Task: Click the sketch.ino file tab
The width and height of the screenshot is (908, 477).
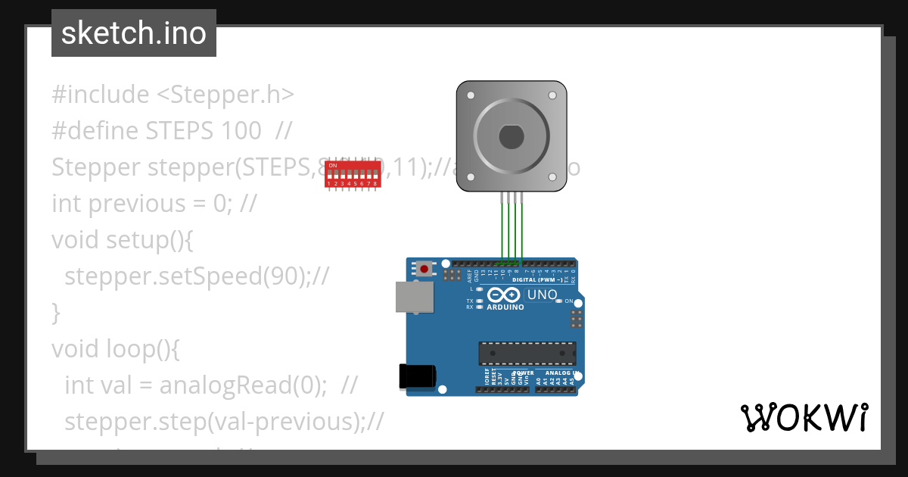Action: (x=134, y=33)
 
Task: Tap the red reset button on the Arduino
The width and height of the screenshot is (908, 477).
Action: (x=424, y=268)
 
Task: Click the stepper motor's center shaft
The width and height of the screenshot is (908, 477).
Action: (x=512, y=137)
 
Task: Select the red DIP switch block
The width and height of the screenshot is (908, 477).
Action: (x=352, y=173)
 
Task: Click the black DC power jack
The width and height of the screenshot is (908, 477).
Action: (x=417, y=376)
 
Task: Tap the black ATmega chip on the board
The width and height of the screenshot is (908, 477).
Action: (x=527, y=353)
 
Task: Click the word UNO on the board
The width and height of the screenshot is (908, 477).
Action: (x=542, y=295)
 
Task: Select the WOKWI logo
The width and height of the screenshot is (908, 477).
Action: (x=804, y=417)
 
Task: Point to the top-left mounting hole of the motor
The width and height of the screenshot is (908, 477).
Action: (x=471, y=96)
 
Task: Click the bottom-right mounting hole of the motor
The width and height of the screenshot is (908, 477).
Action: (x=552, y=177)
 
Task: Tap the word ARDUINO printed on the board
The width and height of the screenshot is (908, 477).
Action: (x=505, y=307)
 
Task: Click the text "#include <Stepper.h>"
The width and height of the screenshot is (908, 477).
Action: (x=173, y=95)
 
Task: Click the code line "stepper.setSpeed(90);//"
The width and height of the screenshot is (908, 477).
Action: (x=197, y=276)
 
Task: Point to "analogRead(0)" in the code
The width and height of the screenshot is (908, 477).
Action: (x=242, y=385)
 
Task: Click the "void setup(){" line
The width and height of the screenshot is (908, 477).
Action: (x=123, y=239)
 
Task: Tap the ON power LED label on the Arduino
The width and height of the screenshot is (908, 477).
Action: (x=569, y=301)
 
